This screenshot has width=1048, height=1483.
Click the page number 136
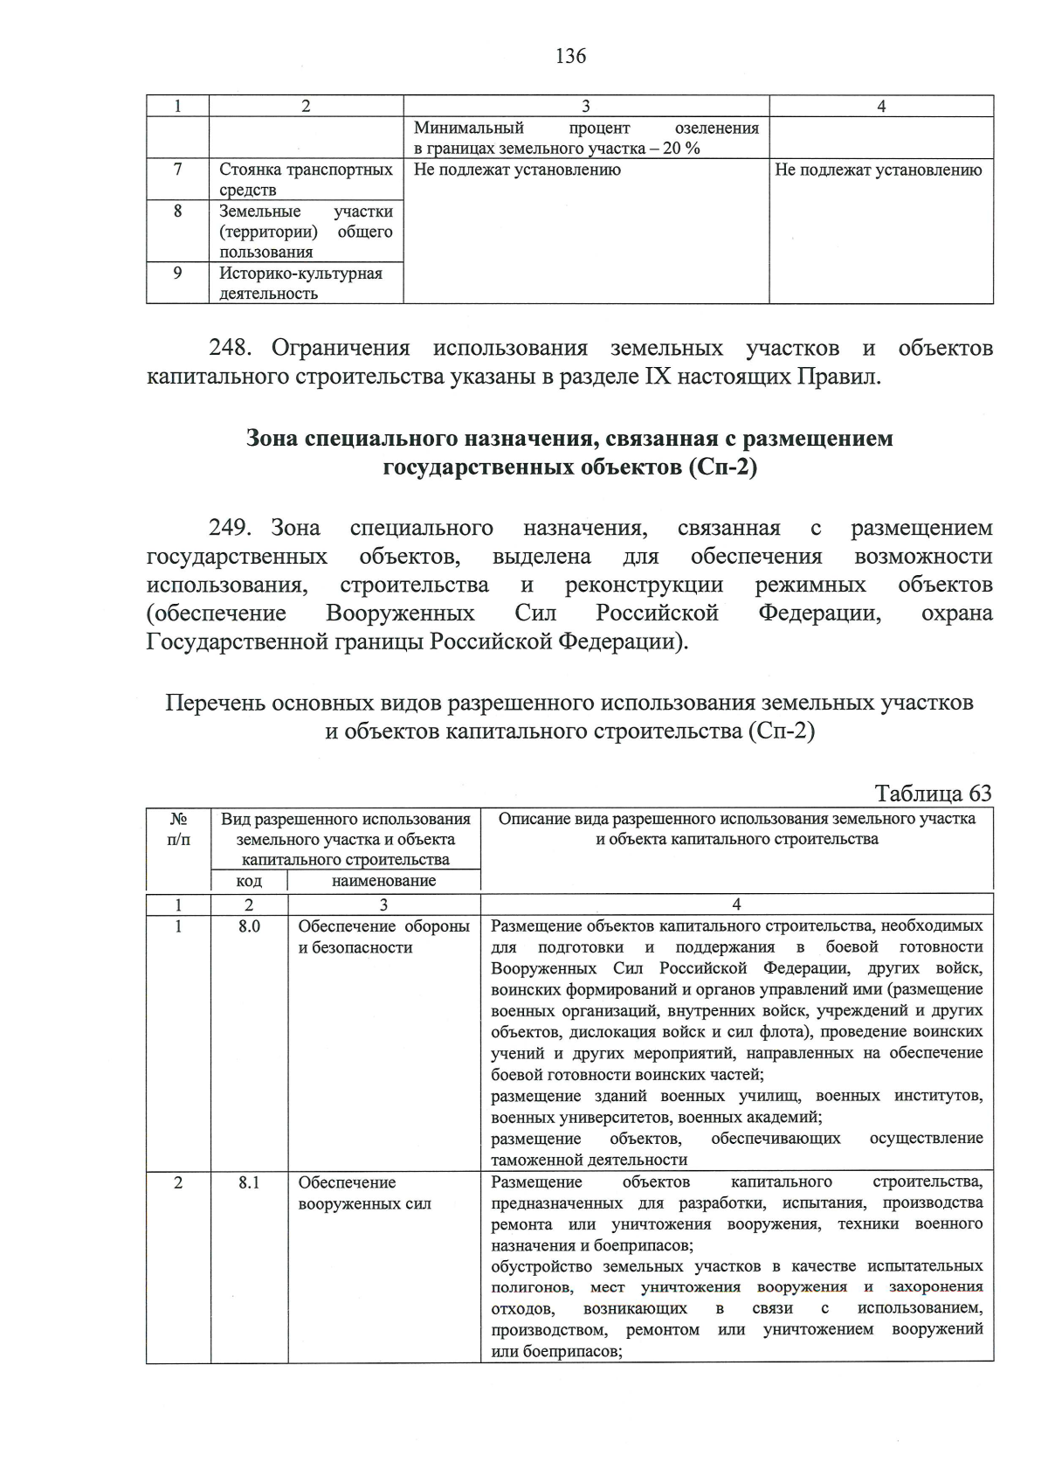pyautogui.click(x=570, y=57)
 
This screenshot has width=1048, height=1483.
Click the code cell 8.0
pyautogui.click(x=249, y=926)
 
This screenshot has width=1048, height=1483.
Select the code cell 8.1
pyautogui.click(x=249, y=1182)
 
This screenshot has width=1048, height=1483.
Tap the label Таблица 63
pyautogui.click(x=933, y=793)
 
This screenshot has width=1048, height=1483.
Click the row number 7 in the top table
pyautogui.click(x=177, y=170)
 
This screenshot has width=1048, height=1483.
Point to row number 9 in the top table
pyautogui.click(x=177, y=273)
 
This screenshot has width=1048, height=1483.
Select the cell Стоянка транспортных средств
pyautogui.click(x=306, y=179)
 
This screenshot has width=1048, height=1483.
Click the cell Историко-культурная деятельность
pyautogui.click(x=300, y=283)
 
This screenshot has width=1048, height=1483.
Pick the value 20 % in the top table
pyautogui.click(x=681, y=149)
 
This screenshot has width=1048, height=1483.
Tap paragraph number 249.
pyautogui.click(x=231, y=528)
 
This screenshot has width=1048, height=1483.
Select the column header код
pyautogui.click(x=249, y=881)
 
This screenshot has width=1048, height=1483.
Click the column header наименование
pyautogui.click(x=383, y=881)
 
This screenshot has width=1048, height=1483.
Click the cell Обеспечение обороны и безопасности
pyautogui.click(x=383, y=937)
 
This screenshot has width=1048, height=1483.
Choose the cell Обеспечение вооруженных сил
pyautogui.click(x=365, y=1193)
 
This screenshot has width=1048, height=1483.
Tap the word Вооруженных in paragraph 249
pyautogui.click(x=400, y=613)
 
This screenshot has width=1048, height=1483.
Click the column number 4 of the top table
pyautogui.click(x=880, y=106)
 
